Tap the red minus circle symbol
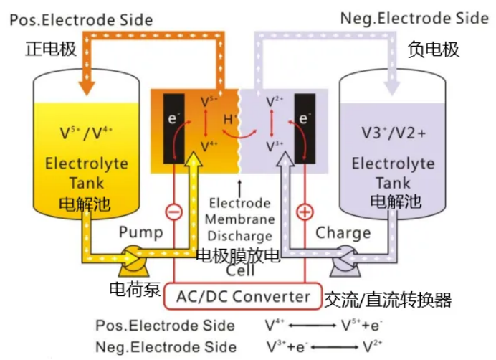click(x=172, y=212)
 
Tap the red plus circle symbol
click(x=305, y=212)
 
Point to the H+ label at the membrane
click(x=230, y=119)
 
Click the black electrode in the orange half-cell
click(x=175, y=128)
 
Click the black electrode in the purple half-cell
click(x=305, y=128)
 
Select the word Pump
click(x=141, y=232)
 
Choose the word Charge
click(x=343, y=232)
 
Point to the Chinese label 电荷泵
click(x=134, y=290)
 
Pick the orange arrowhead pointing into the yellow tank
click(x=85, y=85)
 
